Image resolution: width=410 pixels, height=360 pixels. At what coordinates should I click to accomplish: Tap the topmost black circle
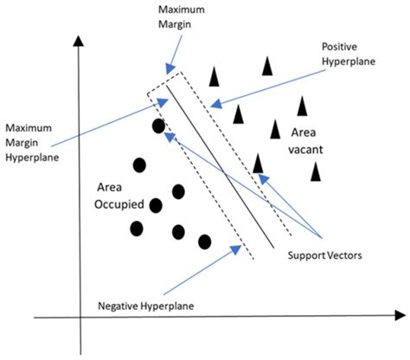(158, 126)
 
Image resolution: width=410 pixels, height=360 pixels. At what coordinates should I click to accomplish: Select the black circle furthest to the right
(205, 241)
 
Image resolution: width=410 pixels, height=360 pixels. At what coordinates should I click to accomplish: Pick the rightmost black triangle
(317, 170)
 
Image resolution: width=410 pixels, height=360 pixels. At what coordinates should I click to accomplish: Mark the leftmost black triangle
(214, 77)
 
